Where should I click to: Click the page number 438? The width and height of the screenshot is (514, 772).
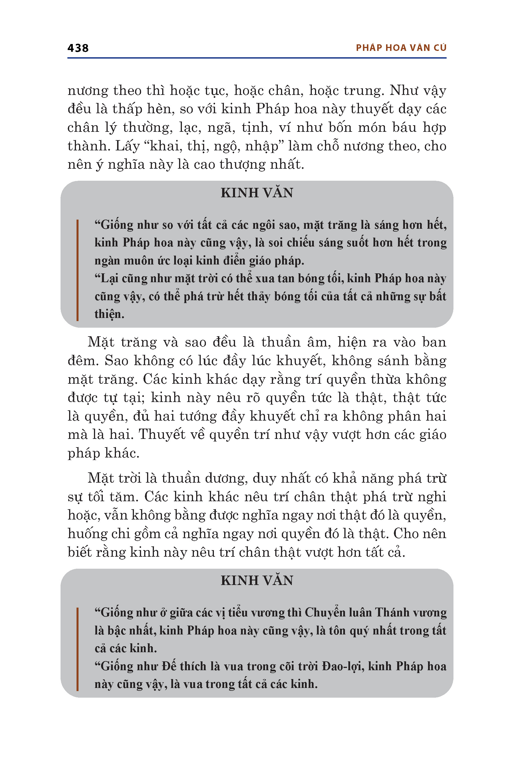click(78, 48)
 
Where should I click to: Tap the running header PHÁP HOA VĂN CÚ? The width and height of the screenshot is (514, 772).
click(401, 48)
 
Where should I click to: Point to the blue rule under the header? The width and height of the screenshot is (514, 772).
click(257, 58)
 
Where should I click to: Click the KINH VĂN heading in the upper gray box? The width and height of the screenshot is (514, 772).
click(257, 193)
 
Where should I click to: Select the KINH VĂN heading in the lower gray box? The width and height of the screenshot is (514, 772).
click(257, 581)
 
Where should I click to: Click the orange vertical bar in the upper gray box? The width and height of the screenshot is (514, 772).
click(77, 270)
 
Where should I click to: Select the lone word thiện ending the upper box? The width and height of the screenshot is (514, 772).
click(109, 314)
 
